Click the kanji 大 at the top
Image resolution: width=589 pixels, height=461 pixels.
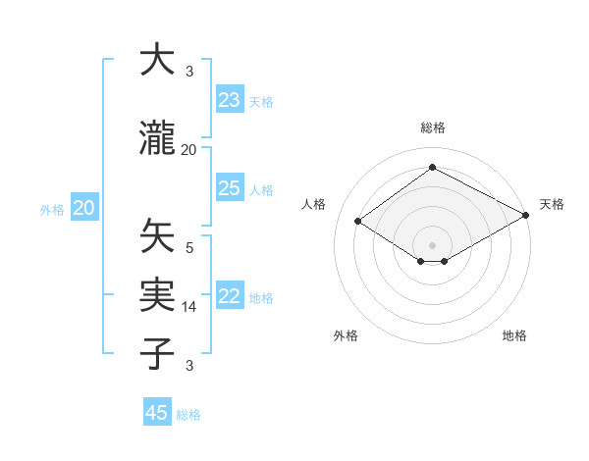tap(157, 61)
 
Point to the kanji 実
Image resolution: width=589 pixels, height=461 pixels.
tap(157, 295)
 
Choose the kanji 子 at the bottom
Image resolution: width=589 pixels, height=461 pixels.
tap(157, 354)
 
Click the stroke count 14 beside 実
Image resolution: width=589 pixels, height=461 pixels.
tap(189, 307)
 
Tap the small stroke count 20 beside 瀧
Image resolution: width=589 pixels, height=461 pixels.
tap(189, 150)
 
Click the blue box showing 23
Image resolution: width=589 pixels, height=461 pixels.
tap(229, 100)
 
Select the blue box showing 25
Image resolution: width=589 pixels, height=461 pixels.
tap(229, 188)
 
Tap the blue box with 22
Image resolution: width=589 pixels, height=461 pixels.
tap(229, 297)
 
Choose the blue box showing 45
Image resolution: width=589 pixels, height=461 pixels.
tap(157, 413)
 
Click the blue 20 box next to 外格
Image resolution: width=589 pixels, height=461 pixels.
tap(84, 208)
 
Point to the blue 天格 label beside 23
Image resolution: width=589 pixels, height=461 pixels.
tap(261, 101)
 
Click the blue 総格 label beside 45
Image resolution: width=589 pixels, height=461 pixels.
tap(188, 414)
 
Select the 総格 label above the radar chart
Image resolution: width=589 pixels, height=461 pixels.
tap(432, 128)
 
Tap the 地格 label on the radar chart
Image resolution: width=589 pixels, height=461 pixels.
tap(514, 335)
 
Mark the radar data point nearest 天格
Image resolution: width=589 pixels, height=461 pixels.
tap(526, 216)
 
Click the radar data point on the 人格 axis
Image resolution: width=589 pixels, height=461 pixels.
tap(358, 222)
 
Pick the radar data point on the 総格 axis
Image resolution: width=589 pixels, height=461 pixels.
tap(432, 168)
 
